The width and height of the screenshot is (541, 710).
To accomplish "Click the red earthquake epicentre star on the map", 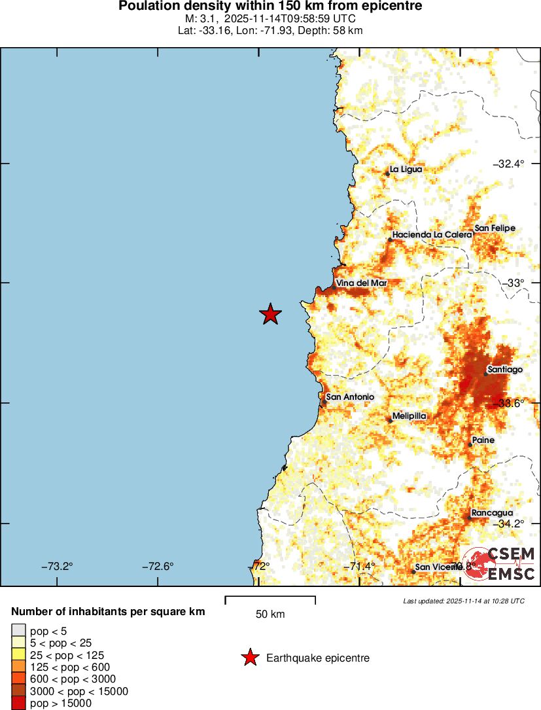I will (270, 315).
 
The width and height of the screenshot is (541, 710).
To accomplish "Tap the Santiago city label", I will (505, 370).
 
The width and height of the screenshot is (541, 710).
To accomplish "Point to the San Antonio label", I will (350, 397).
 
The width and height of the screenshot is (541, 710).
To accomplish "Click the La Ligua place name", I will (406, 169).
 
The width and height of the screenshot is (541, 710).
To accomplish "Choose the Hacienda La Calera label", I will (432, 234).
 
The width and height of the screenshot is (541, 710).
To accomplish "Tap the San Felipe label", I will (495, 228).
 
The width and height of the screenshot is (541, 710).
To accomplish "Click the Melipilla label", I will (410, 416).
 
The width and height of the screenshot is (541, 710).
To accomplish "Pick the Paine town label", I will (483, 440).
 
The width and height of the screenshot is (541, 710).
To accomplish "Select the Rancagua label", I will (491, 513).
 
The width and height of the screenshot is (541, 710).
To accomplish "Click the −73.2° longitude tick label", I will (57, 567).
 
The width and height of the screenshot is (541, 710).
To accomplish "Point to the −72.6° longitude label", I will (158, 567).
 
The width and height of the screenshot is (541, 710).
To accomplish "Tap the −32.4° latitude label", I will (508, 164).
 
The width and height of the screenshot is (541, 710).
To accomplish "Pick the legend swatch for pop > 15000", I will (18, 703).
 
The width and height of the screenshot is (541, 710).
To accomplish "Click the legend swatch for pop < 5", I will (18, 631).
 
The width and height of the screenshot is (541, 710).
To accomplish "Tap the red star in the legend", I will (249, 658).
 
